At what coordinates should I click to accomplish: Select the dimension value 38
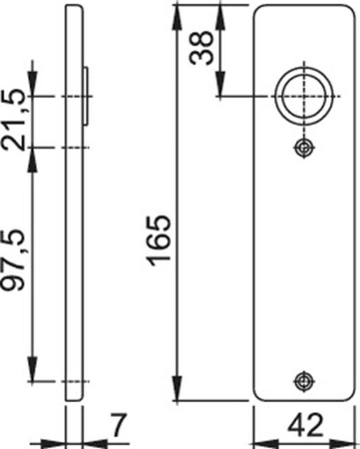point(202,48)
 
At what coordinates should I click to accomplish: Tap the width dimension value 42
point(305,426)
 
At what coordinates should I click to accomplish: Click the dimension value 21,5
point(13,120)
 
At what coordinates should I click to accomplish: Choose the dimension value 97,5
point(13,260)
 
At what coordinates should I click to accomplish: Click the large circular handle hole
point(304,96)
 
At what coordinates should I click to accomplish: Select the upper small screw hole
point(304,148)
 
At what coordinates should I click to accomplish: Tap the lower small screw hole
point(304,381)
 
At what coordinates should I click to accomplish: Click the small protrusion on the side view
point(86,96)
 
